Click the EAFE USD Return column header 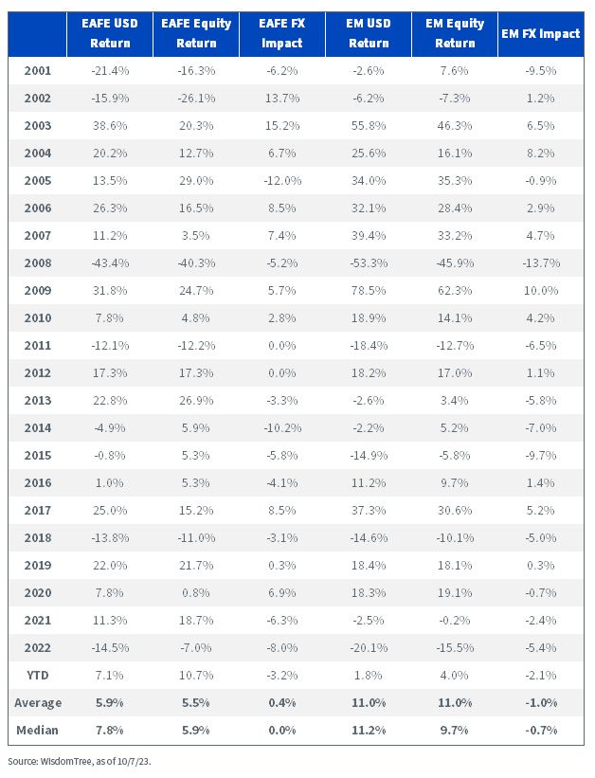point(110,33)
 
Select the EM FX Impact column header point(540,34)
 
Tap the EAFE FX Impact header point(282,33)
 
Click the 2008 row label point(38,263)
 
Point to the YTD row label point(38,676)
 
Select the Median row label point(37,731)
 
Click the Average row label point(38,703)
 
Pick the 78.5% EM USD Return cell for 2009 point(369,290)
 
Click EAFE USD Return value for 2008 point(110,263)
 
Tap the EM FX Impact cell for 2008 point(541,263)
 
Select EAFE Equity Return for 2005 point(196,181)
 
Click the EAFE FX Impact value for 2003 point(282,125)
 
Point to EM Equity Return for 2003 point(455,125)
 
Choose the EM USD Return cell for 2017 point(369,510)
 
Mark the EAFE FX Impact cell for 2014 point(282,427)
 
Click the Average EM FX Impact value point(541,703)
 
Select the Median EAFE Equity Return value point(196,731)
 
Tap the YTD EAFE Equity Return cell point(196,676)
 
